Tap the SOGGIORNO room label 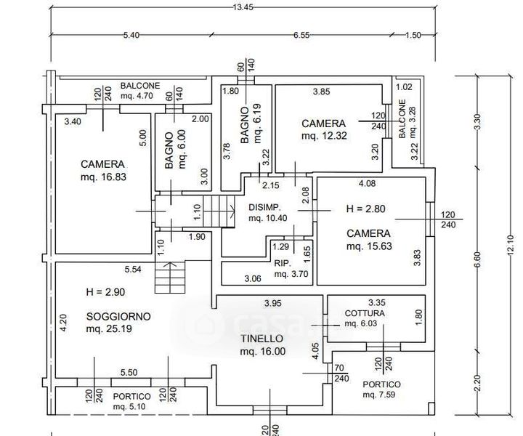click(x=118, y=316)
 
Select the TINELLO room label click(x=262, y=338)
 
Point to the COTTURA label click(x=365, y=313)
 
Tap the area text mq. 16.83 click(x=104, y=176)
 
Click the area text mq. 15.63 click(x=368, y=247)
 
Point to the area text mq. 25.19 click(x=108, y=329)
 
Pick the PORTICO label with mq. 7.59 click(x=381, y=384)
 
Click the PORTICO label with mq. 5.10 click(x=132, y=397)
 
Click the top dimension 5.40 click(x=131, y=34)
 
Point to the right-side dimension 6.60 click(x=477, y=259)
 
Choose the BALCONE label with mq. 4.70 click(x=140, y=85)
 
